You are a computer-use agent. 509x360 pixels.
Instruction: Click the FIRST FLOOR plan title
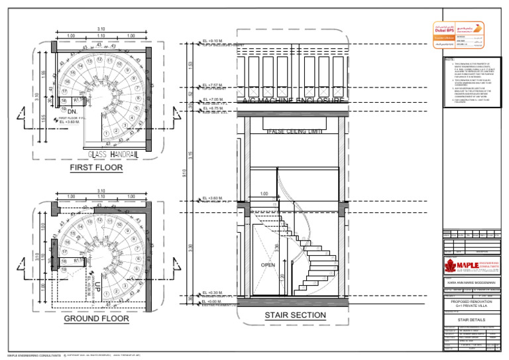97,168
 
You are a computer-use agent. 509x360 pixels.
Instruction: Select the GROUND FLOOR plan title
97,319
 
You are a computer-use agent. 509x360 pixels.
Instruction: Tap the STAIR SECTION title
295,316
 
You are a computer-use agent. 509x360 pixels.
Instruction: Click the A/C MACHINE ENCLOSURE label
293,101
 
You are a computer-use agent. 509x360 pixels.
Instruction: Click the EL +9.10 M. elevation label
211,41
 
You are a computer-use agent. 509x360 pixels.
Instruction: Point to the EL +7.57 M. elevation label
211,86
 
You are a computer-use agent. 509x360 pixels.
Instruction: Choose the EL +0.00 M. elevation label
211,301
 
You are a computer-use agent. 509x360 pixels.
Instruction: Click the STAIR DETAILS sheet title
473,319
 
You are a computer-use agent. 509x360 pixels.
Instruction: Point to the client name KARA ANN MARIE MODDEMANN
473,283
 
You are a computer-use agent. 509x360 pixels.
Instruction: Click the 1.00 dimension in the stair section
264,194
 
